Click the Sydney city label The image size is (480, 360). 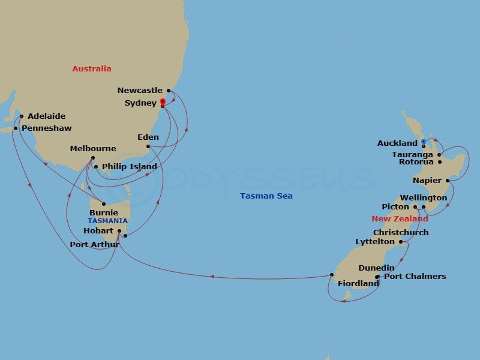(x=140, y=103)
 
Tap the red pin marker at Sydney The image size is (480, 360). (x=163, y=102)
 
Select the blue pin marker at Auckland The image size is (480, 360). (x=423, y=142)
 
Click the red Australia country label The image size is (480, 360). (x=92, y=69)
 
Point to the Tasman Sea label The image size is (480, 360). (x=266, y=196)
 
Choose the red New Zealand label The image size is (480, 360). (x=400, y=219)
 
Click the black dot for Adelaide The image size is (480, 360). (x=21, y=116)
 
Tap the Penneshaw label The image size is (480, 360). (x=46, y=128)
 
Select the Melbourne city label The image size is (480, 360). (x=93, y=149)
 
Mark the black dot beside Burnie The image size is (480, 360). (x=104, y=204)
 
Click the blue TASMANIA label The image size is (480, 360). (x=108, y=221)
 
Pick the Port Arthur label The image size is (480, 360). (x=95, y=244)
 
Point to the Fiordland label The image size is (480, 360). (x=358, y=283)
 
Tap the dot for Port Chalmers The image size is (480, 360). (x=377, y=277)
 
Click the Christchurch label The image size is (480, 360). (x=401, y=232)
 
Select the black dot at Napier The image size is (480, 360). (x=448, y=180)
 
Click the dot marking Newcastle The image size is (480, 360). (x=169, y=91)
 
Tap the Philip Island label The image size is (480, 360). (x=130, y=167)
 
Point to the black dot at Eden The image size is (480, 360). (x=148, y=146)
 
